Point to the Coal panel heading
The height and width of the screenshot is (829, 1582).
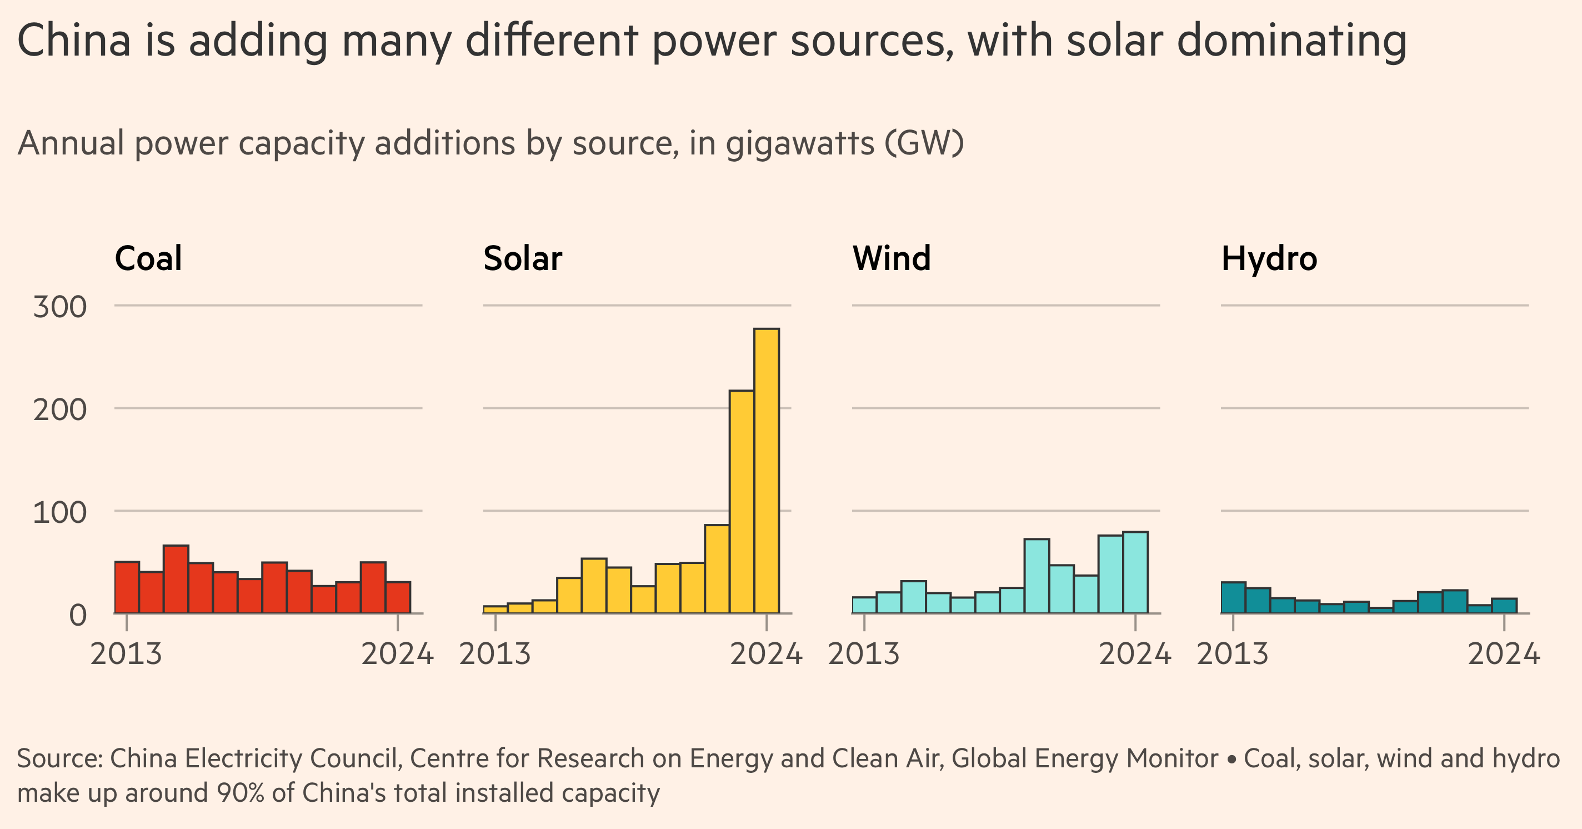click(148, 258)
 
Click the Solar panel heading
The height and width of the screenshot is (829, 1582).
click(522, 258)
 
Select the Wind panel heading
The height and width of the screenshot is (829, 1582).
click(891, 258)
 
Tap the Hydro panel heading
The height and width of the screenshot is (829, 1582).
click(1269, 258)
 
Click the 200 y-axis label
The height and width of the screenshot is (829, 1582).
click(60, 409)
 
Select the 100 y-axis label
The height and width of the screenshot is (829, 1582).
click(60, 512)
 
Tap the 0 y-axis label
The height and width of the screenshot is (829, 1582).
click(77, 615)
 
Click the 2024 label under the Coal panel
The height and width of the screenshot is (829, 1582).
click(397, 653)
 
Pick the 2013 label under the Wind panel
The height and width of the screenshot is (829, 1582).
click(863, 653)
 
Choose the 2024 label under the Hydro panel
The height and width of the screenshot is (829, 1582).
click(1503, 653)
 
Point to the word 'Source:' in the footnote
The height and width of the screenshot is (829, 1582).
click(59, 758)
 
